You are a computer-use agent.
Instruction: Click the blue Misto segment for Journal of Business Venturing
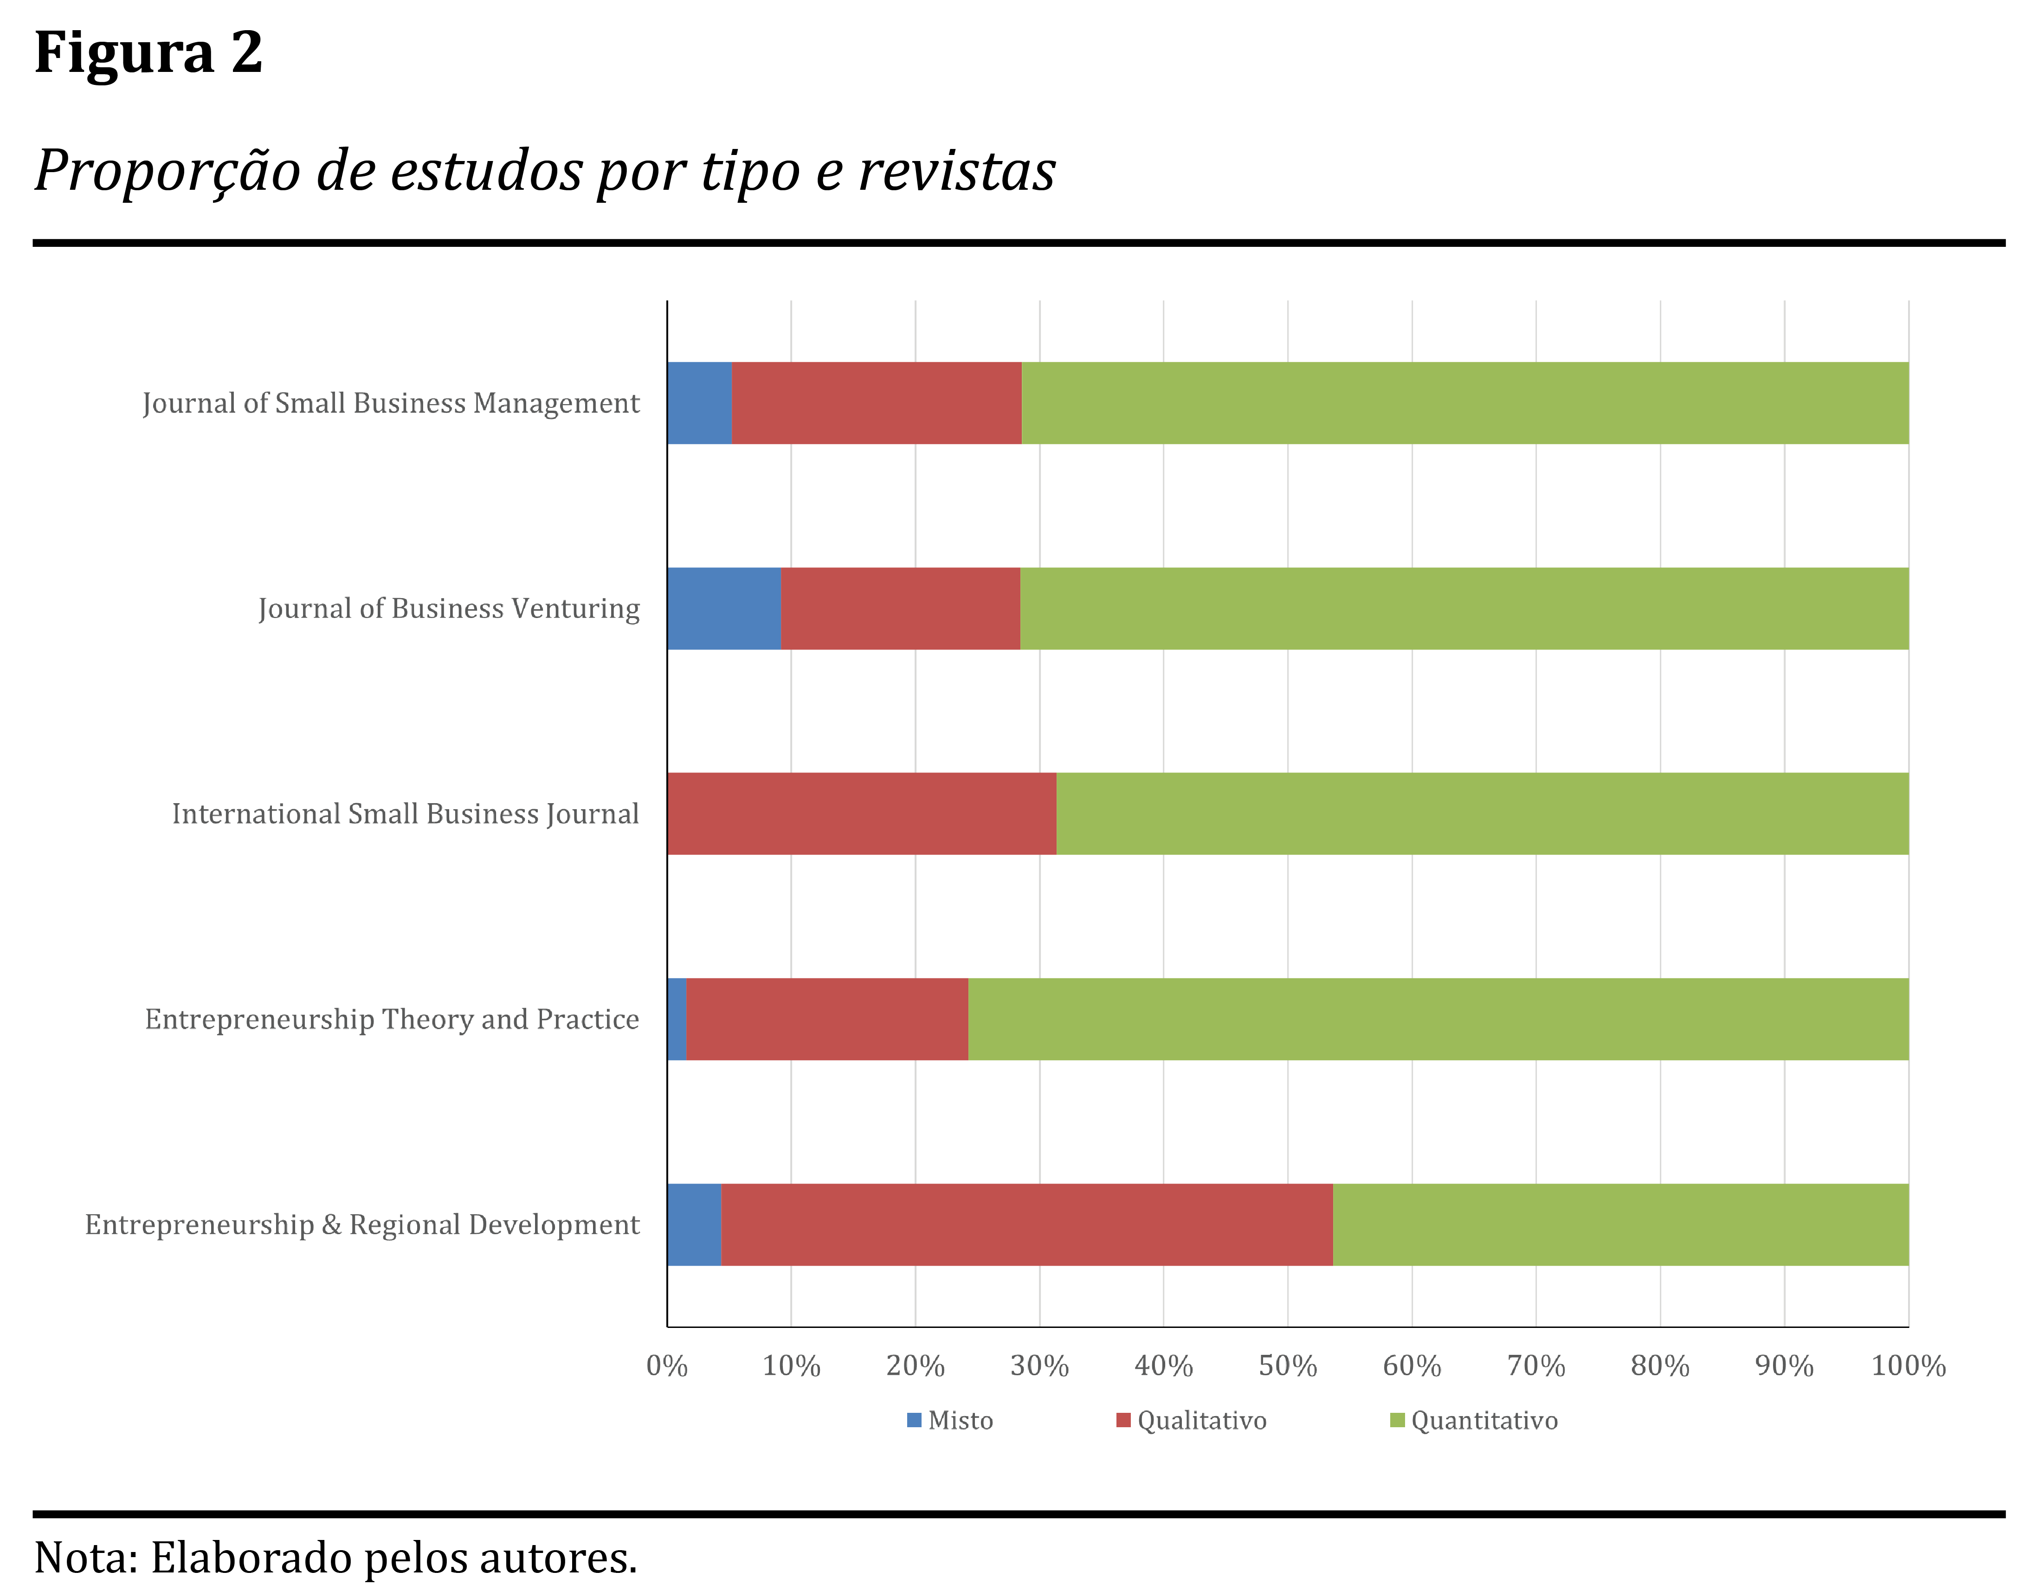[724, 608]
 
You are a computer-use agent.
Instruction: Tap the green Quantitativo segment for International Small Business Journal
[1482, 813]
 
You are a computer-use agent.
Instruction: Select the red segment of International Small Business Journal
[862, 813]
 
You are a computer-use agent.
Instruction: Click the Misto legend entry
[951, 1421]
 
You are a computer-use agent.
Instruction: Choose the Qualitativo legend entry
[1192, 1421]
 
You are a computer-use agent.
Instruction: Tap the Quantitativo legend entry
[1475, 1421]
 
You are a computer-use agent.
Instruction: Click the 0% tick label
[667, 1366]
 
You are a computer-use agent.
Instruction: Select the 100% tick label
[1908, 1366]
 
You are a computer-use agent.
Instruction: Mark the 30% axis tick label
[1039, 1366]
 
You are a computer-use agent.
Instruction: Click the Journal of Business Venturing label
[449, 608]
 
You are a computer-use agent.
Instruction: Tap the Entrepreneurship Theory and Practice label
[392, 1019]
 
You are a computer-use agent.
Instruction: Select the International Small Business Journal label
[405, 813]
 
